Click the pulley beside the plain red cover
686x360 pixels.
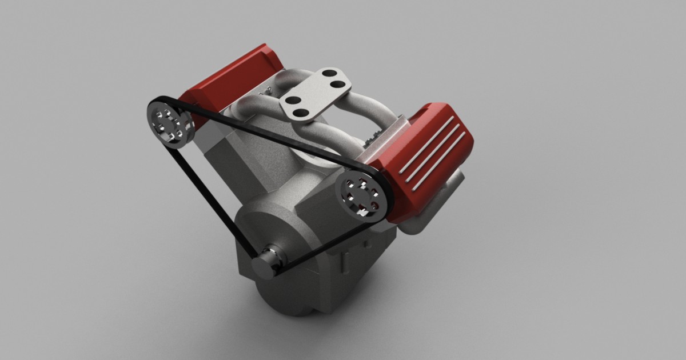pyautogui.click(x=170, y=123)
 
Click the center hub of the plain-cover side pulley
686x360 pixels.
pyautogui.click(x=170, y=123)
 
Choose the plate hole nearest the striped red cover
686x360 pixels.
pyautogui.click(x=339, y=85)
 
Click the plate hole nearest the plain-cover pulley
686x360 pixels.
pyautogui.click(x=292, y=101)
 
